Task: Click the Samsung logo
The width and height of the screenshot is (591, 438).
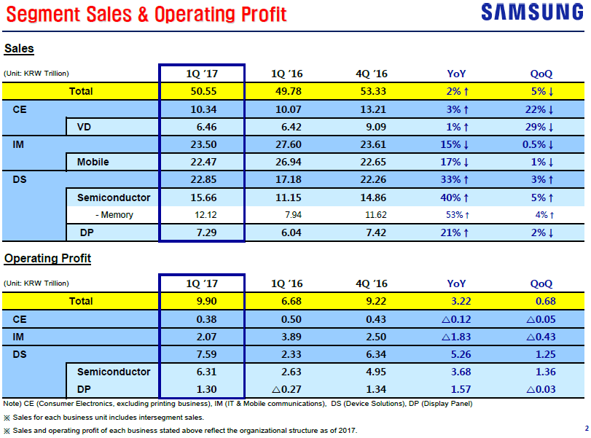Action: (532, 12)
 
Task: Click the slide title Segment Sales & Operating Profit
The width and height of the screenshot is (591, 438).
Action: (146, 15)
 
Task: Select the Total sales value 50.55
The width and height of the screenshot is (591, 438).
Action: (202, 91)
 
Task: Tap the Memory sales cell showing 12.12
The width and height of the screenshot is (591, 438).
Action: (202, 215)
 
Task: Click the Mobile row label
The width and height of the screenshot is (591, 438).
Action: (98, 162)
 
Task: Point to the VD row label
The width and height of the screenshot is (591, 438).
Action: (84, 127)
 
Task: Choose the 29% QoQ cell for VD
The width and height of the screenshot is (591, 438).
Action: (541, 127)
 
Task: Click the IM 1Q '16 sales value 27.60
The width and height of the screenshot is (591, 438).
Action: (286, 144)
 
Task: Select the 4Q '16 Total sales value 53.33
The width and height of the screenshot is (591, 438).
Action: (371, 91)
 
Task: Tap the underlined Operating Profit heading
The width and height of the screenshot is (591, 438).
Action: (47, 259)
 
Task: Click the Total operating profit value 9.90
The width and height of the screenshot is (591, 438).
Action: (202, 301)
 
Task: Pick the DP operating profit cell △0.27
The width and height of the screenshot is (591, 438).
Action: (286, 388)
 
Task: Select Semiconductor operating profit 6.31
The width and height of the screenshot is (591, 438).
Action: (202, 372)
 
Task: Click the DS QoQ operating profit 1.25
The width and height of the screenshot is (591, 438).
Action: (541, 354)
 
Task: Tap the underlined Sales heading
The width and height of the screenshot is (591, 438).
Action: (19, 49)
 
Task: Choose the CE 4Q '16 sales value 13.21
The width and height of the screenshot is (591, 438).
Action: (371, 109)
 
